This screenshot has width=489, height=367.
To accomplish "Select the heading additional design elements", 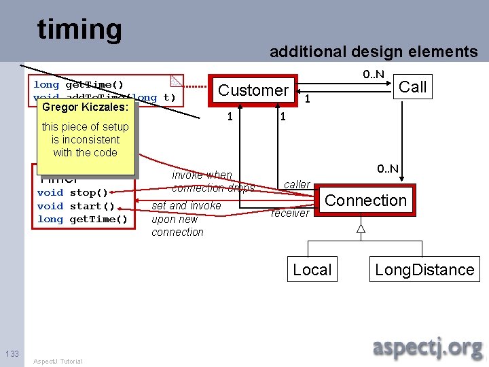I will [374, 52].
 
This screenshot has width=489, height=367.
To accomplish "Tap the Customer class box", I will [253, 90].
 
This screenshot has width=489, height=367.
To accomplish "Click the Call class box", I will [412, 86].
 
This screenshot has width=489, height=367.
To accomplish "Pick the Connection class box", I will [365, 200].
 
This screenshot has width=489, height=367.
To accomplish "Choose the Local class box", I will [312, 270].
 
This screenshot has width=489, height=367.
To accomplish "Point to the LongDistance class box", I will [424, 270].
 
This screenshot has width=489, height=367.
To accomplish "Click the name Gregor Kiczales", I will [85, 107].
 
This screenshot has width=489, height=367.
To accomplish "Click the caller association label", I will [297, 184].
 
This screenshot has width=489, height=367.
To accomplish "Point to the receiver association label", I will [290, 213].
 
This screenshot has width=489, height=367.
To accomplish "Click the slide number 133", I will [12, 353].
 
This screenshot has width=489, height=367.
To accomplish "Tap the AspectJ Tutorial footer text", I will [58, 361].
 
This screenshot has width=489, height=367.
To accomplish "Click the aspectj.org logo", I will [427, 347].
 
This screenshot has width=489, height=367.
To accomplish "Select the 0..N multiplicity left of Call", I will [373, 73].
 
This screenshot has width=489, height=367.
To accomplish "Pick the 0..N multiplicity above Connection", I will [388, 169].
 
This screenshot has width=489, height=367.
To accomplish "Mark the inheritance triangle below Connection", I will [361, 230].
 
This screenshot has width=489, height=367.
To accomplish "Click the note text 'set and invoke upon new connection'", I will [185, 219].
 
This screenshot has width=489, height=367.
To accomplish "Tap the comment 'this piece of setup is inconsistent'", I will [85, 139].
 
